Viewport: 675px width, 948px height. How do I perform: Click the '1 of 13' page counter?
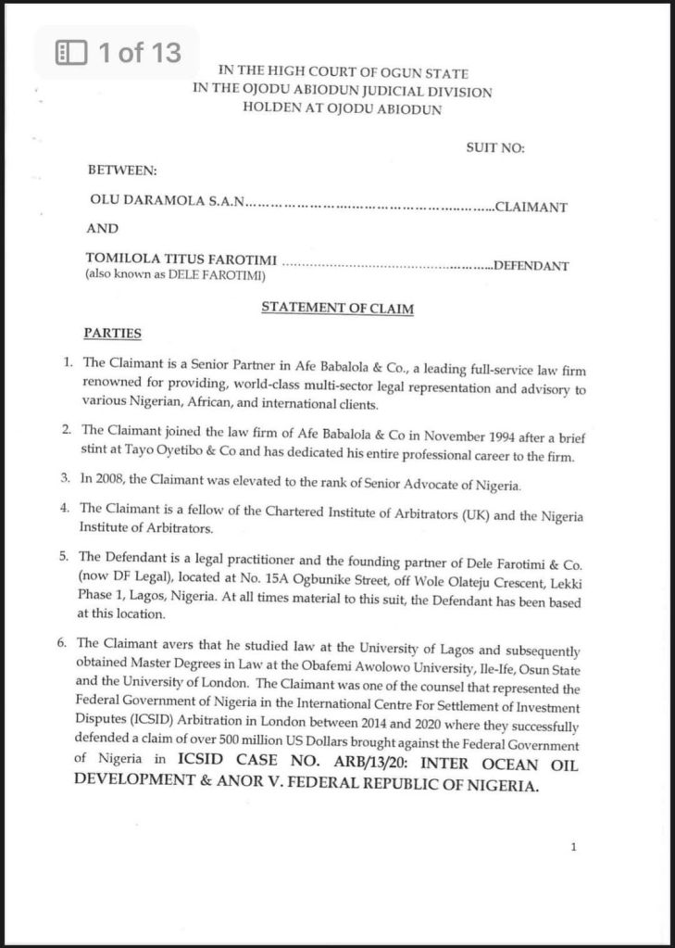[139, 53]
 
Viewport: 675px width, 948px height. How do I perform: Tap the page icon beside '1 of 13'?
[71, 53]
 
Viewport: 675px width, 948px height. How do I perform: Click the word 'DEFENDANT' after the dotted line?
[530, 266]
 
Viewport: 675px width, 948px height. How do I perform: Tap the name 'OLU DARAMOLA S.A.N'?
[166, 201]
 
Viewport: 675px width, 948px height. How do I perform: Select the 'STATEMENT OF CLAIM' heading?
[337, 308]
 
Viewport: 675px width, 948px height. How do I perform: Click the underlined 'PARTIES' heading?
[113, 332]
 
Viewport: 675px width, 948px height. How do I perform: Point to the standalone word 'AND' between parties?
[103, 228]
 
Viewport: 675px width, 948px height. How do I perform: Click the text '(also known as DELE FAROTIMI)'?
[176, 275]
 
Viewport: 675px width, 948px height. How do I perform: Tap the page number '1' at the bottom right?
[574, 846]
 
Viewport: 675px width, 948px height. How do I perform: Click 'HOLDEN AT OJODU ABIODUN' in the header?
[342, 108]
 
